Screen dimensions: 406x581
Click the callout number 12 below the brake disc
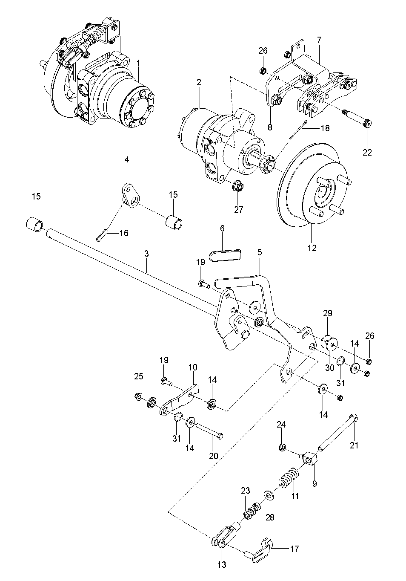(312, 248)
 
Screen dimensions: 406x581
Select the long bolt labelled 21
(337, 433)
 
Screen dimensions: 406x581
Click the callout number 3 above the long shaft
(147, 253)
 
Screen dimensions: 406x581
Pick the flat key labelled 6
(225, 255)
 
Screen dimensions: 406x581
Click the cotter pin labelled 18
(298, 130)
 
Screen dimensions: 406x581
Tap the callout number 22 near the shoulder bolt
(367, 152)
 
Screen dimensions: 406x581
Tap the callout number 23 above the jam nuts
(246, 491)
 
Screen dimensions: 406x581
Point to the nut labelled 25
(138, 396)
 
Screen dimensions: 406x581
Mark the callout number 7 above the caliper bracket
(319, 40)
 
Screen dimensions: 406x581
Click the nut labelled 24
(282, 447)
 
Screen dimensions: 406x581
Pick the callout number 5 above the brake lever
(260, 252)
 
